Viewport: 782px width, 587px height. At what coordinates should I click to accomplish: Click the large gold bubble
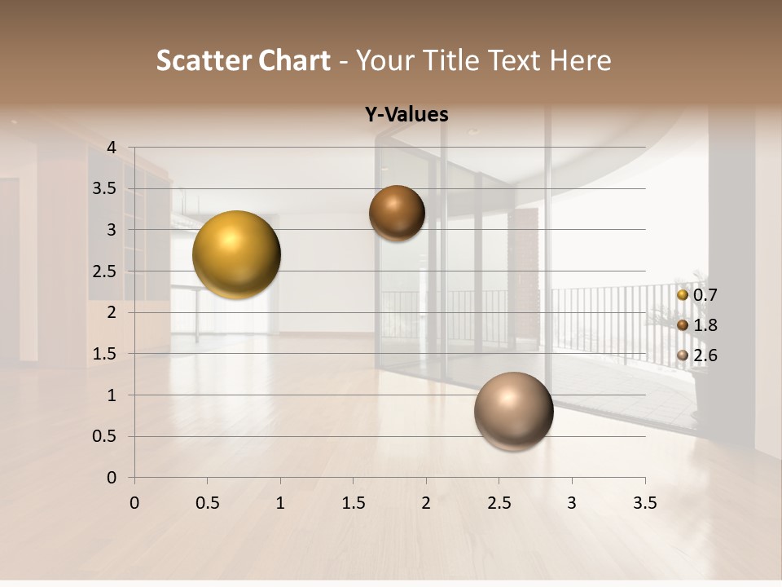(x=236, y=254)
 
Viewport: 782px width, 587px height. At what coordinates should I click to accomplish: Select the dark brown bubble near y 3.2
(x=397, y=213)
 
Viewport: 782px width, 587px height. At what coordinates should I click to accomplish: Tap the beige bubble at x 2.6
(x=513, y=411)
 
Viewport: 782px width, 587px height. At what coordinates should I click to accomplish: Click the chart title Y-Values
(x=406, y=115)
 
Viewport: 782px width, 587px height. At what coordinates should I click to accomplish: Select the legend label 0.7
(x=705, y=295)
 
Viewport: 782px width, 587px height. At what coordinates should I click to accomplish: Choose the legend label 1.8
(x=705, y=325)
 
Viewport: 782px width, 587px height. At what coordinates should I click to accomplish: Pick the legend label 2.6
(x=705, y=355)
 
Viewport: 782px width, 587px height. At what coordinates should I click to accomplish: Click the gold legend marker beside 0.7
(x=683, y=295)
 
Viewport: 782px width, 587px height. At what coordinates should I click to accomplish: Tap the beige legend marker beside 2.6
(x=683, y=355)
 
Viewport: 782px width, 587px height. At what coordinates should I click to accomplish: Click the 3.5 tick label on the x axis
(x=644, y=503)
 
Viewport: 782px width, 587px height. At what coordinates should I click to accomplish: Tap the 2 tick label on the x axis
(x=426, y=503)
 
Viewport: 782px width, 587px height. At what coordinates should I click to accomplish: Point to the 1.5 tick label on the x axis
(x=353, y=503)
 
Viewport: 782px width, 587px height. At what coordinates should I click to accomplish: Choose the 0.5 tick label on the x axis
(x=207, y=503)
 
